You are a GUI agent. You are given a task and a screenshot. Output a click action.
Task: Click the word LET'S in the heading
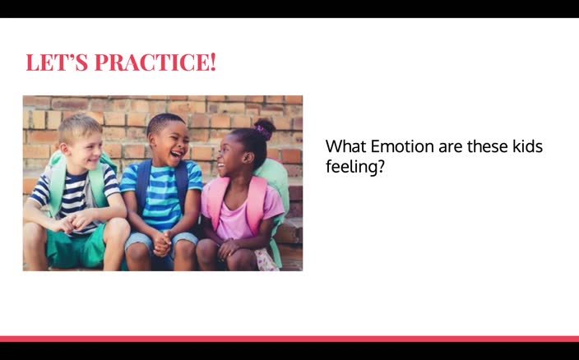(x=58, y=62)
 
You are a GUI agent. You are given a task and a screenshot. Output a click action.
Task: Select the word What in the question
(x=345, y=146)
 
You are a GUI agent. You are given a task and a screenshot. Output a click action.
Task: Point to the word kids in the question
(x=527, y=146)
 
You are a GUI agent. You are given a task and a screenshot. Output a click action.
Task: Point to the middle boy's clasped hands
(x=162, y=242)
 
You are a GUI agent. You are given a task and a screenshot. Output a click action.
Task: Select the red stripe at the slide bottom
(x=289, y=338)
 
